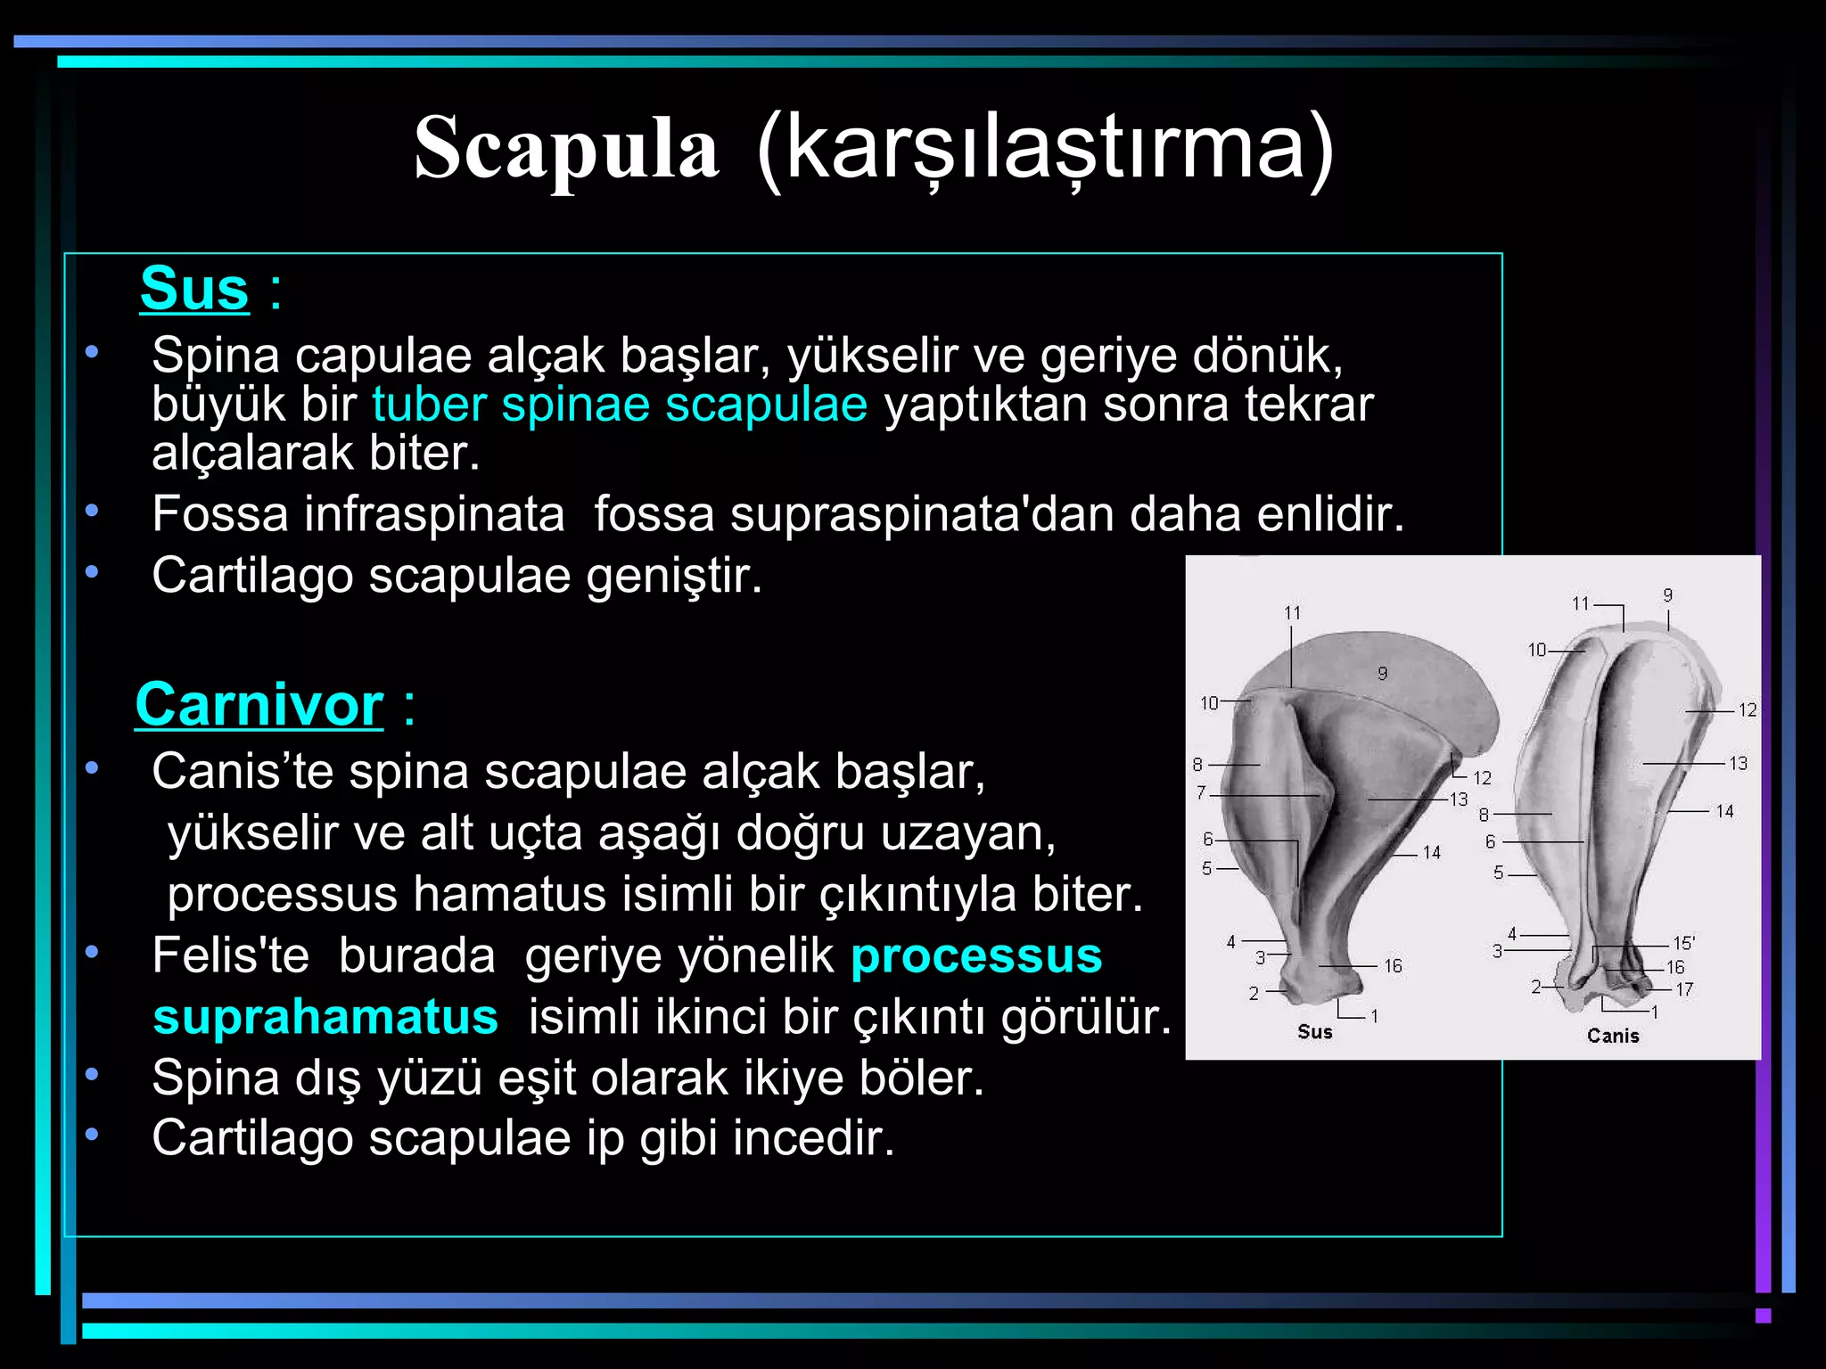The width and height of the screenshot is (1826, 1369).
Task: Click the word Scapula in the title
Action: (x=566, y=149)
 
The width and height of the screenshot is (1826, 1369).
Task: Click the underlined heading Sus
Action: (x=194, y=289)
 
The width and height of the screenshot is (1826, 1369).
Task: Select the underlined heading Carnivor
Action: (x=259, y=705)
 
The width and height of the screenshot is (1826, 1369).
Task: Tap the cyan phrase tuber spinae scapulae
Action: (x=620, y=405)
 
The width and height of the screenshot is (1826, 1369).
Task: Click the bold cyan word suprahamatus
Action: (x=325, y=1017)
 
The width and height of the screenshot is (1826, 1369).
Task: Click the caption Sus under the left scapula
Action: (x=1314, y=1032)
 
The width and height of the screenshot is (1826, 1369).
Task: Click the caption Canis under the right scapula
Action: (x=1612, y=1036)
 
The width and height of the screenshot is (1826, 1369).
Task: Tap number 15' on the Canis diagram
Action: (x=1683, y=943)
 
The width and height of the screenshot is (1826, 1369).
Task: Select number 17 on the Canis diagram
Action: (x=1683, y=989)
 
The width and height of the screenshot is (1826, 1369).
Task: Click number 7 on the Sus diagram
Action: (x=1201, y=791)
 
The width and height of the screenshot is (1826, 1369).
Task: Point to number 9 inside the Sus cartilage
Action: (x=1382, y=674)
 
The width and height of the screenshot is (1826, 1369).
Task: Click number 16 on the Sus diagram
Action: (x=1393, y=966)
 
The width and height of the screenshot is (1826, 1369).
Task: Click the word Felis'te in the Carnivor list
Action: (x=230, y=956)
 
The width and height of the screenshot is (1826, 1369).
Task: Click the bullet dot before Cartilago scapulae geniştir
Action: (x=92, y=571)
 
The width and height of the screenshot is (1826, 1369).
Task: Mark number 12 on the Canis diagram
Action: (x=1747, y=710)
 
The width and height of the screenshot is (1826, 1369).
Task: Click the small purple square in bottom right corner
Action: (x=1762, y=1315)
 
